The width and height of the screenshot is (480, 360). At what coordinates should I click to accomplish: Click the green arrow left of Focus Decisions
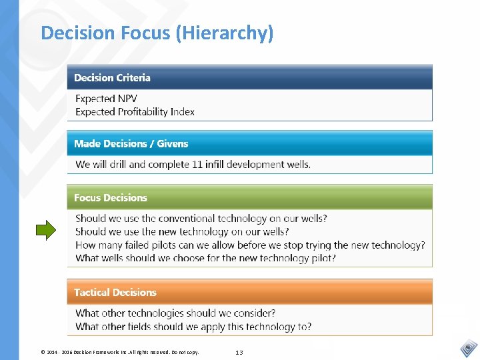coord(46,231)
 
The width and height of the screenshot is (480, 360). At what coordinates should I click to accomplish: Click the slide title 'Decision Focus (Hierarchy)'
coord(157,33)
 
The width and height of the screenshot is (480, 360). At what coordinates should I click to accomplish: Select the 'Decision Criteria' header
coord(112,78)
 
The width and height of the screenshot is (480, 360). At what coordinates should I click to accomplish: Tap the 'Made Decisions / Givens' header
coord(131,143)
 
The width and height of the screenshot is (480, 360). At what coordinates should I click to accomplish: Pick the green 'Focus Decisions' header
coord(111,198)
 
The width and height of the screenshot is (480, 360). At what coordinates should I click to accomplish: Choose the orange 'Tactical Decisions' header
coord(115,293)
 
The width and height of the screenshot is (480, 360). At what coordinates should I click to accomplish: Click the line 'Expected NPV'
coord(106,99)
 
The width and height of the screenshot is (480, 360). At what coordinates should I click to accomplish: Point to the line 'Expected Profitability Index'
coord(135,112)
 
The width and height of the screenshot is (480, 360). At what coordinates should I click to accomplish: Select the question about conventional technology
coord(201,218)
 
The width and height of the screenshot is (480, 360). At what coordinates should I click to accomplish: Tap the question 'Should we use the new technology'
coord(182,231)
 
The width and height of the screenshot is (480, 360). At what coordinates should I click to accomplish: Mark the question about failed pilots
coord(250,245)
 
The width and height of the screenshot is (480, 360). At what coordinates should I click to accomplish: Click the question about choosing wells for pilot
coord(205,258)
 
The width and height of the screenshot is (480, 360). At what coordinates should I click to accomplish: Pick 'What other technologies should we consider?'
coord(175,313)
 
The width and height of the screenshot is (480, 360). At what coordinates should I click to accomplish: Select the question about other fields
coord(193,327)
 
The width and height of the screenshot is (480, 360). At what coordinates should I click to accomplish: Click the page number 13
coord(239,352)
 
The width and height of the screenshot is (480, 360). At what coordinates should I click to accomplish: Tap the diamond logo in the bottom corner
coord(469,348)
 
